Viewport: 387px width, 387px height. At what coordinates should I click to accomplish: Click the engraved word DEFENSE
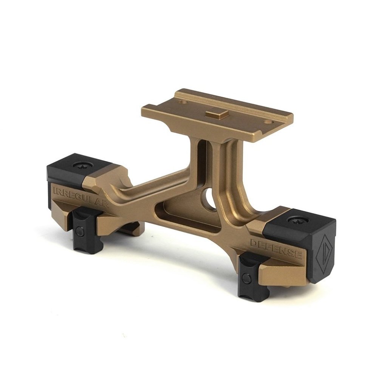coord(276,248)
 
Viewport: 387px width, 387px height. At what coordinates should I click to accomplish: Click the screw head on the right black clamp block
coord(297,220)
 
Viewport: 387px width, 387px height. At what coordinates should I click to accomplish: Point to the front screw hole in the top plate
coord(268,122)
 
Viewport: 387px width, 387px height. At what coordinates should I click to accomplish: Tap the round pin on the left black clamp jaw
coord(79,231)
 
